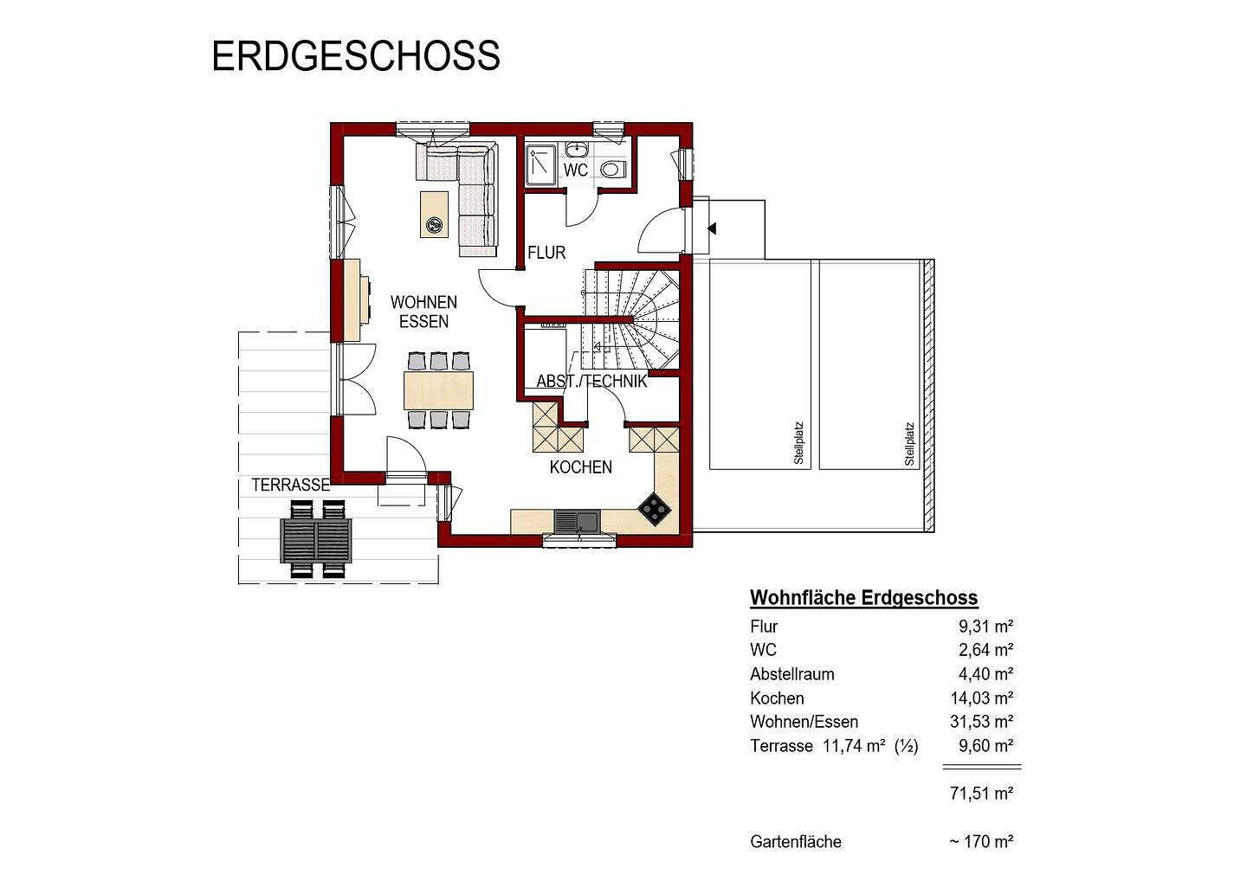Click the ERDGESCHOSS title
coord(355,55)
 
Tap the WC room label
coord(576,170)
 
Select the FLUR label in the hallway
coord(546,253)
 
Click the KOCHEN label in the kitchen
coord(580,467)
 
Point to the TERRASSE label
coord(291,485)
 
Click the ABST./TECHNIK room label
coord(591,382)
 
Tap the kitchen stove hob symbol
coord(656,510)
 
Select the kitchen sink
coord(576,521)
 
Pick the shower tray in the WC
coord(542,164)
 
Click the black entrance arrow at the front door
coord(712,228)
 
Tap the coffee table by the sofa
coord(434,214)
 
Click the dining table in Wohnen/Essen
coord(439,389)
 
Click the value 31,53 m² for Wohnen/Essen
coord(981,721)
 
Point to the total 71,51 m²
coord(981,793)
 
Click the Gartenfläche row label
coord(795,841)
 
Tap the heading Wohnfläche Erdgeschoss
coord(863,597)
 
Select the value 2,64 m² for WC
coord(985,650)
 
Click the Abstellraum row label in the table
coord(791,673)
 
